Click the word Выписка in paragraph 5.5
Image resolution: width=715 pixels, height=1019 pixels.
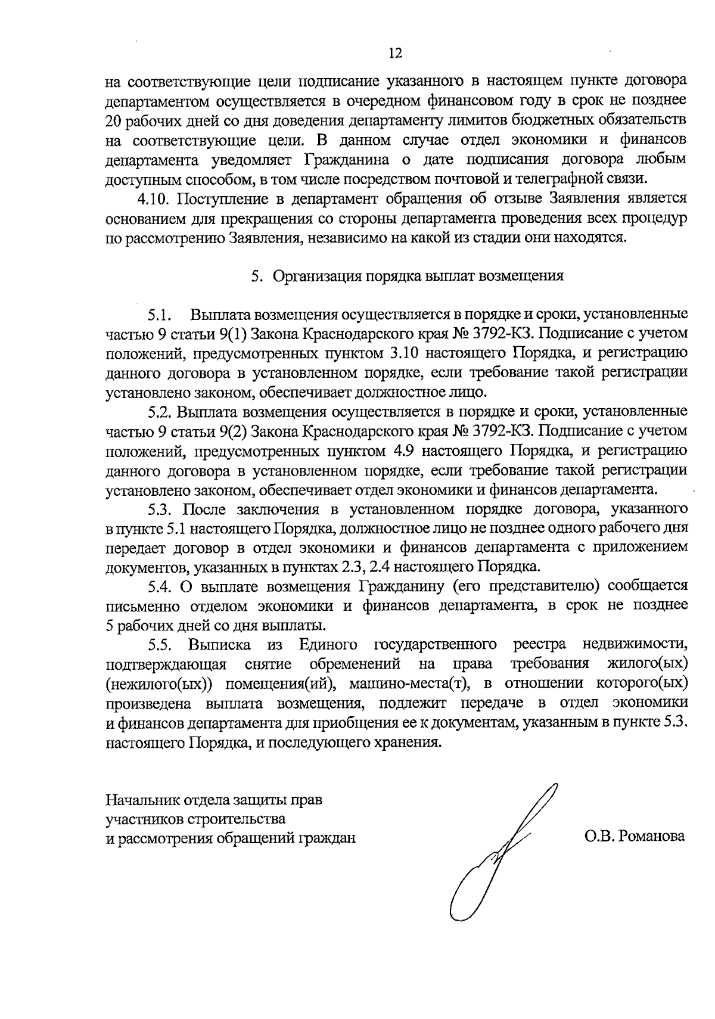pyautogui.click(x=213, y=645)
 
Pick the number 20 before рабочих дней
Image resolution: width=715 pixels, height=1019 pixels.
pyautogui.click(x=113, y=120)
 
